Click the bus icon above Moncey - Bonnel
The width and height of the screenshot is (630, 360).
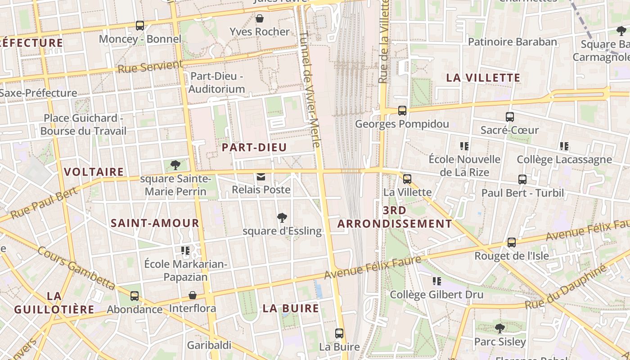click(x=140, y=26)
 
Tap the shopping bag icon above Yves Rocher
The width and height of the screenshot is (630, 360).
click(x=260, y=18)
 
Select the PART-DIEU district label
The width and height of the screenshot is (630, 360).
click(x=254, y=148)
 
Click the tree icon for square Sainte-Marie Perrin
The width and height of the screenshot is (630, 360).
click(x=175, y=165)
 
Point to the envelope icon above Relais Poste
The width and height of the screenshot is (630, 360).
click(x=261, y=177)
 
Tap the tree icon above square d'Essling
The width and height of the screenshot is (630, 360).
click(x=282, y=218)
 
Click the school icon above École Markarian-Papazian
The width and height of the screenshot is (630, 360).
click(x=185, y=250)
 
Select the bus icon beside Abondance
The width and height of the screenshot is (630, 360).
click(x=135, y=296)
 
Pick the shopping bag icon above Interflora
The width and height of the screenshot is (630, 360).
click(x=193, y=296)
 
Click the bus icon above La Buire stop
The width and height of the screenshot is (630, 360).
click(x=339, y=333)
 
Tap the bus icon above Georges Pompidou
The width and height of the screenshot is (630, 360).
click(x=402, y=110)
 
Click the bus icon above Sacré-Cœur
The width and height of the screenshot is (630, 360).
click(x=510, y=117)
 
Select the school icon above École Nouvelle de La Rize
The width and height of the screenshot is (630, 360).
click(x=464, y=146)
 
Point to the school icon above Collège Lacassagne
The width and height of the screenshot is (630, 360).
click(x=564, y=146)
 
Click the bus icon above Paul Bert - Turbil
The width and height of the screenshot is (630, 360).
click(x=522, y=180)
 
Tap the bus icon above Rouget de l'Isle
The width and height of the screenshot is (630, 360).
click(x=512, y=243)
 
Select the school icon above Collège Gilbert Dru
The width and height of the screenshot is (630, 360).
click(x=436, y=281)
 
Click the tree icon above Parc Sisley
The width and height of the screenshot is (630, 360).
click(x=499, y=328)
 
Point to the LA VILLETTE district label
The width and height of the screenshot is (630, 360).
click(x=483, y=78)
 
